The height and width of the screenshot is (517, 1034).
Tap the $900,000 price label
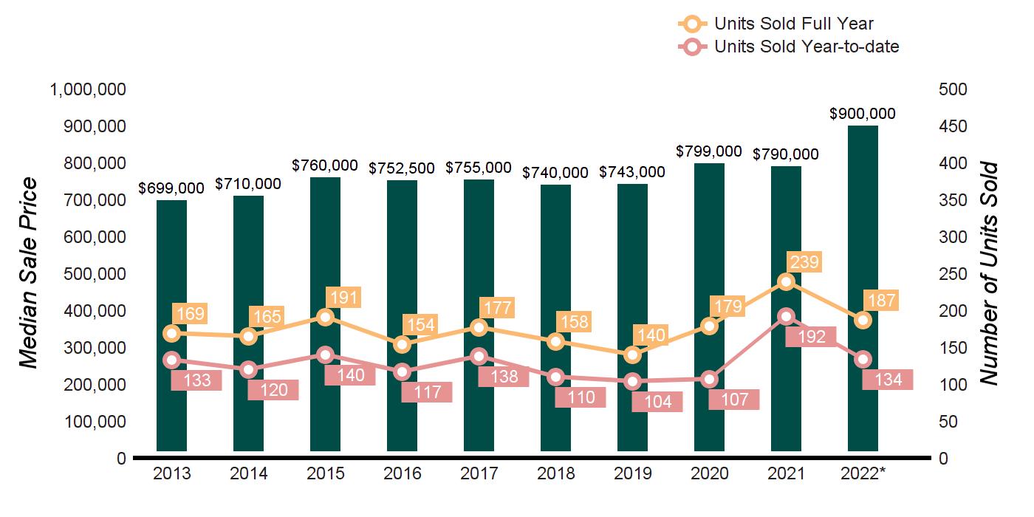coord(863,114)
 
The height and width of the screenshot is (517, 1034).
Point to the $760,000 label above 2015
coord(326,165)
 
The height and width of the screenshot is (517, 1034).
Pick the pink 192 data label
coord(810,337)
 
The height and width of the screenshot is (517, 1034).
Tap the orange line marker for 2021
coord(787,281)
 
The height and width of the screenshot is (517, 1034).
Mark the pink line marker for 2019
coord(633,381)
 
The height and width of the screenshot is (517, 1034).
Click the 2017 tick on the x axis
coord(479,473)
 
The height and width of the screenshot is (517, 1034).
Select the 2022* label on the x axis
coord(863,473)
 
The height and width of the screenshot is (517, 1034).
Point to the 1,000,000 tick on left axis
coord(87,89)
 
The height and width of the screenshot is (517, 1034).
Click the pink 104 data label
coord(657,402)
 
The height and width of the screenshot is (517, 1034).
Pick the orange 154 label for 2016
coord(420,324)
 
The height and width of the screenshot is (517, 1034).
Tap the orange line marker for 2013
coord(172,333)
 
